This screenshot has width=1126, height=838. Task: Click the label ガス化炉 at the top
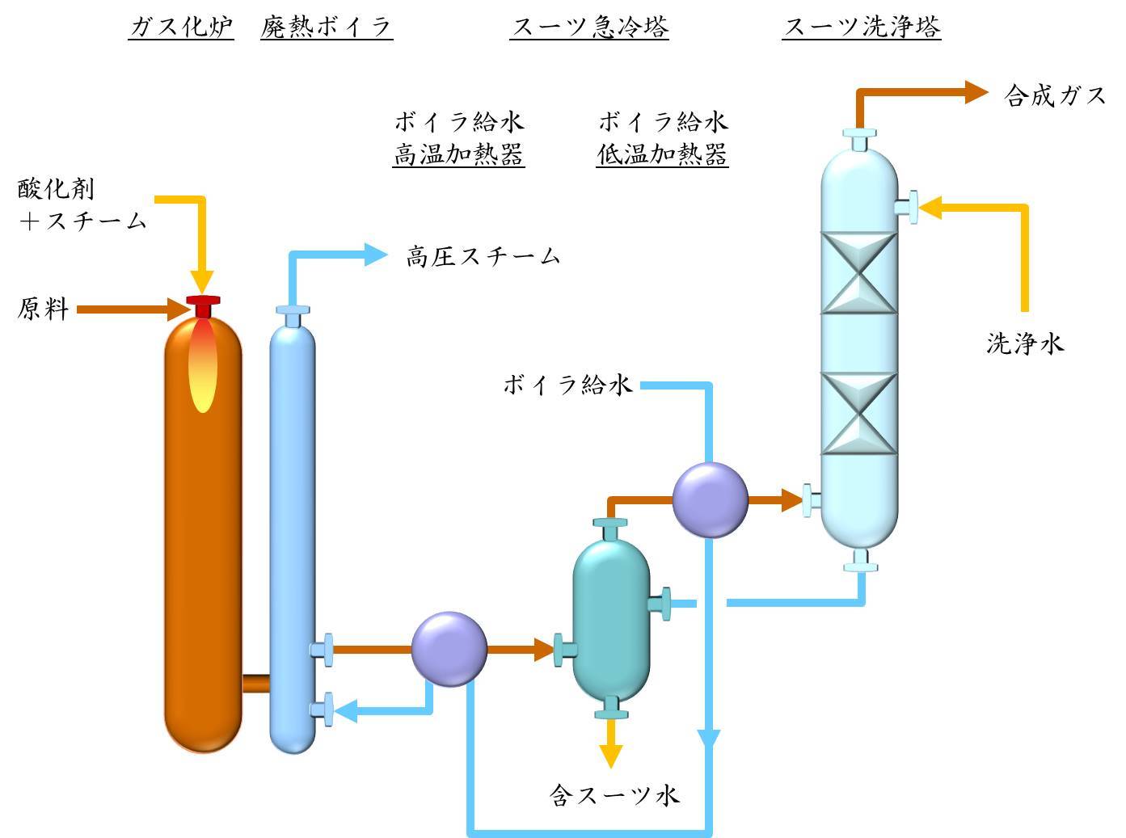click(181, 27)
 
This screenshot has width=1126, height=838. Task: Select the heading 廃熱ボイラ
click(327, 27)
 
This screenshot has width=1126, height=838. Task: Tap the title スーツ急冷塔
click(589, 27)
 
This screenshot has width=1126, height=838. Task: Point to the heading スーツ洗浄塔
click(862, 27)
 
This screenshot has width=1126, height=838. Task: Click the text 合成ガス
click(1055, 95)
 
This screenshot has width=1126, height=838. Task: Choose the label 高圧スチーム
click(483, 256)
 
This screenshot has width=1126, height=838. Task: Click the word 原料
click(43, 309)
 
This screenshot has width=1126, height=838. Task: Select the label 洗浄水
click(1024, 343)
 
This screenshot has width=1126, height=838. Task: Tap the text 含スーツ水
click(614, 794)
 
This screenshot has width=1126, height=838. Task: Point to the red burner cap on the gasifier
click(203, 305)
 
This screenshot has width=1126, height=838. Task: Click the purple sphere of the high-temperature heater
click(449, 649)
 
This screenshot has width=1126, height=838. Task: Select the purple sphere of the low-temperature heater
click(710, 500)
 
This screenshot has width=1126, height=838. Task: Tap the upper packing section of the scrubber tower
click(859, 273)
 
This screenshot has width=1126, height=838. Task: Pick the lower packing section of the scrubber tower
click(859, 413)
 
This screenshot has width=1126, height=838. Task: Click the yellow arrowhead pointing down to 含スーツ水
click(611, 756)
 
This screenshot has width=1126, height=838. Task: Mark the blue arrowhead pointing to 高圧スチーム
click(376, 255)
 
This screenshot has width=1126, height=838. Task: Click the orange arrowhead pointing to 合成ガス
click(976, 92)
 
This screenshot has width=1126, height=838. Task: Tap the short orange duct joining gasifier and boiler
click(255, 684)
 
